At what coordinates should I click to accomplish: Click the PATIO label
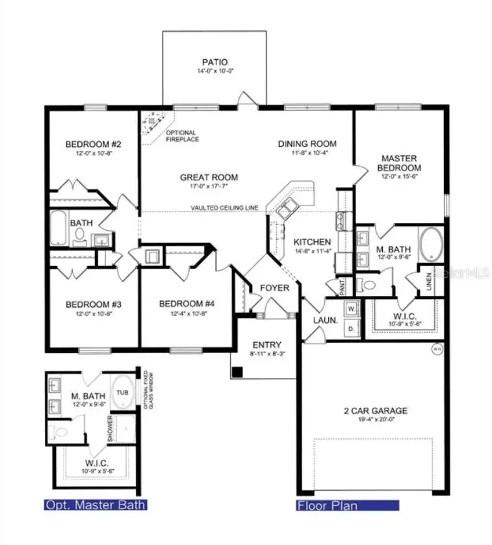click(x=214, y=63)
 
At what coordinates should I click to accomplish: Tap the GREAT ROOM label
click(x=209, y=177)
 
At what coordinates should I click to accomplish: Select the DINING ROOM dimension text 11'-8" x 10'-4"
click(x=307, y=153)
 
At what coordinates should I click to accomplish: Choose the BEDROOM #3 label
click(x=90, y=304)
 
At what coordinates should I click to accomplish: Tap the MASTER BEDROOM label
click(x=399, y=163)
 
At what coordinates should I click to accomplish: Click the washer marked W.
click(x=352, y=308)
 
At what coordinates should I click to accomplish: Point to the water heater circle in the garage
click(x=437, y=349)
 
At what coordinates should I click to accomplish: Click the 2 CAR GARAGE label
click(x=376, y=410)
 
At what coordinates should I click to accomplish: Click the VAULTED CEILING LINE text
click(x=224, y=208)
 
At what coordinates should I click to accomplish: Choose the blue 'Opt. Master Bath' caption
click(x=95, y=505)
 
